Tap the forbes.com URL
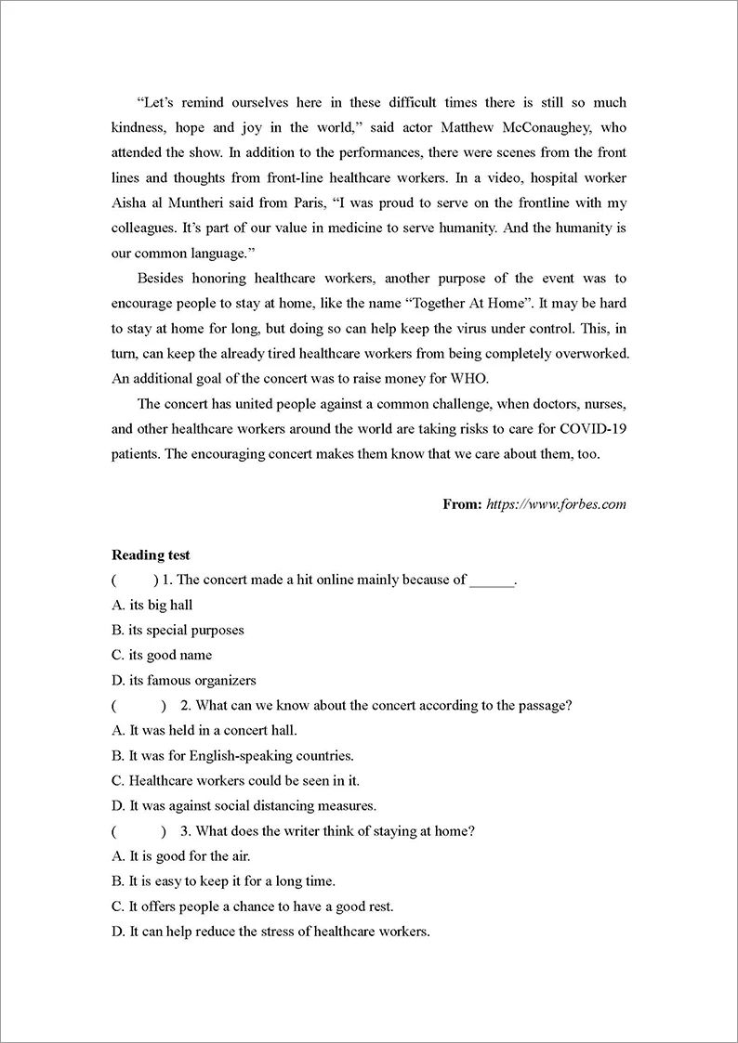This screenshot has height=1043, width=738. point(556,504)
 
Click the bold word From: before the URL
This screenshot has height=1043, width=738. point(462,504)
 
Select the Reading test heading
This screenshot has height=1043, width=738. point(151,554)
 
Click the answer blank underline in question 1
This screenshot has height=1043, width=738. point(491,580)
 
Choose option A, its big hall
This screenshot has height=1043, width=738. point(152,605)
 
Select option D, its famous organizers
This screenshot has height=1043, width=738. point(183,680)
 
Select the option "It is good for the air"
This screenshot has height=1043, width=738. point(181,855)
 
